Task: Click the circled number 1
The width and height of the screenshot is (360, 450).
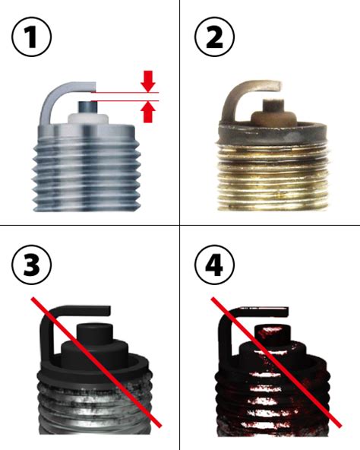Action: [x=32, y=37]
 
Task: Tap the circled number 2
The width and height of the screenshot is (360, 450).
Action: [x=214, y=37]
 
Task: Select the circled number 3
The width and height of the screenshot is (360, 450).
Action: [x=32, y=265]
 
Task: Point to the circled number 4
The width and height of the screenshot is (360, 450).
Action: [x=214, y=265]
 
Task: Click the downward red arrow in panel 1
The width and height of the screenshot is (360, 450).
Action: [x=148, y=81]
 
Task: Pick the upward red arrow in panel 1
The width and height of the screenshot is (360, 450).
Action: [x=148, y=112]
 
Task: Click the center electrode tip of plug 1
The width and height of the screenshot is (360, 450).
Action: [x=87, y=107]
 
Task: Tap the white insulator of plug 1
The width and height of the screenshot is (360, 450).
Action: [x=88, y=119]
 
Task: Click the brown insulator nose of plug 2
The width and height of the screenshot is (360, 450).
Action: [x=273, y=117]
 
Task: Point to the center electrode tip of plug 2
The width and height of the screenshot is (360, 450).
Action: [x=273, y=105]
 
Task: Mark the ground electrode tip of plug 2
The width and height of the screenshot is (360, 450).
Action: [x=277, y=86]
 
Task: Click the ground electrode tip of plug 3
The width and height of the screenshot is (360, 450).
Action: [x=106, y=311]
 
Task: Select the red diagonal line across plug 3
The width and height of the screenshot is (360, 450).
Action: [x=96, y=363]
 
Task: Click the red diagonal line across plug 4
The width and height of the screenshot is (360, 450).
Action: [x=276, y=363]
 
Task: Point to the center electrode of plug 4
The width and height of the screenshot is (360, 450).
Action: [x=273, y=335]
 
